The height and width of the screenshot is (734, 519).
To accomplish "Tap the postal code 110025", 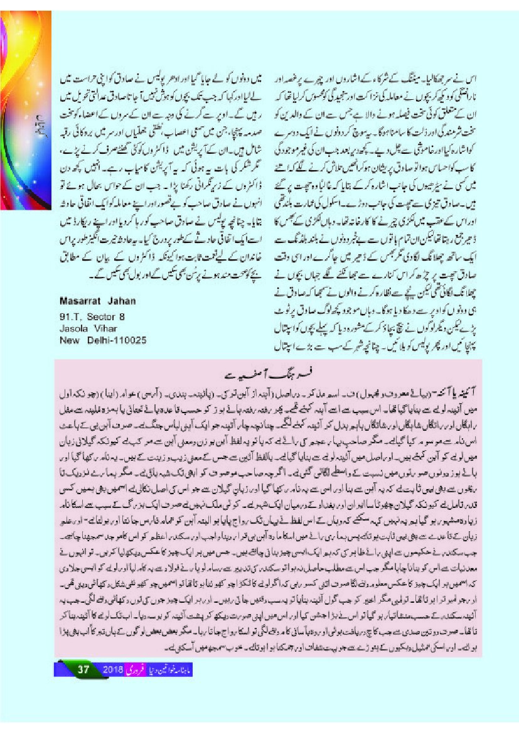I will (129, 340).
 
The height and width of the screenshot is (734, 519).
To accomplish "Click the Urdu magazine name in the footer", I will (178, 669).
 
